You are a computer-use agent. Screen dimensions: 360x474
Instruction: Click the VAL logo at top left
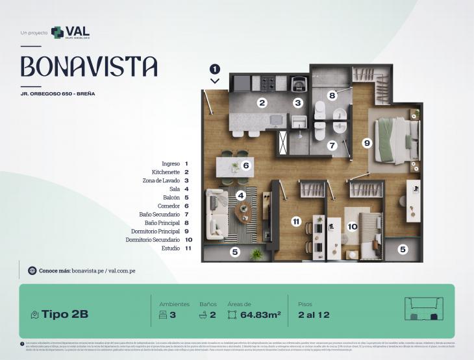pyautogui.click(x=70, y=32)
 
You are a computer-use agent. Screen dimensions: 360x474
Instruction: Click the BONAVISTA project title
pyautogui.click(x=89, y=66)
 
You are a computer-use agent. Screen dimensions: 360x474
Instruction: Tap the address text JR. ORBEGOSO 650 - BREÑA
pyautogui.click(x=58, y=94)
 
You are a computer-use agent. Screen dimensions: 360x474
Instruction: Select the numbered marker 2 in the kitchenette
pyautogui.click(x=262, y=102)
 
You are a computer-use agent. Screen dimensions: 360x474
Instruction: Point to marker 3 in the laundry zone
pyautogui.click(x=298, y=102)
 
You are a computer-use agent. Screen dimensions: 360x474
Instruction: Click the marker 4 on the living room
pyautogui.click(x=241, y=195)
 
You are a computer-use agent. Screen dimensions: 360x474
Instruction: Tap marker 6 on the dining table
pyautogui.click(x=245, y=165)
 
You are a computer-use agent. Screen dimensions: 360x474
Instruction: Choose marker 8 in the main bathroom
pyautogui.click(x=332, y=95)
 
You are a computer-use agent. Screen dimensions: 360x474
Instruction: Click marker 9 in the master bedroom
pyautogui.click(x=367, y=143)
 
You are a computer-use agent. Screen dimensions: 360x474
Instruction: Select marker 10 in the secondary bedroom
pyautogui.click(x=353, y=226)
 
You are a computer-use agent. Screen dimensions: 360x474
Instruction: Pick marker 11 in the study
pyautogui.click(x=296, y=222)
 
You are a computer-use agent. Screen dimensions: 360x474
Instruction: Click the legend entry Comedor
pyautogui.click(x=168, y=206)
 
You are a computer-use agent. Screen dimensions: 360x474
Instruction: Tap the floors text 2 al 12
pyautogui.click(x=314, y=315)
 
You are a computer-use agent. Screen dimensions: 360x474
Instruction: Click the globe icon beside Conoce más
pyautogui.click(x=32, y=270)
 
